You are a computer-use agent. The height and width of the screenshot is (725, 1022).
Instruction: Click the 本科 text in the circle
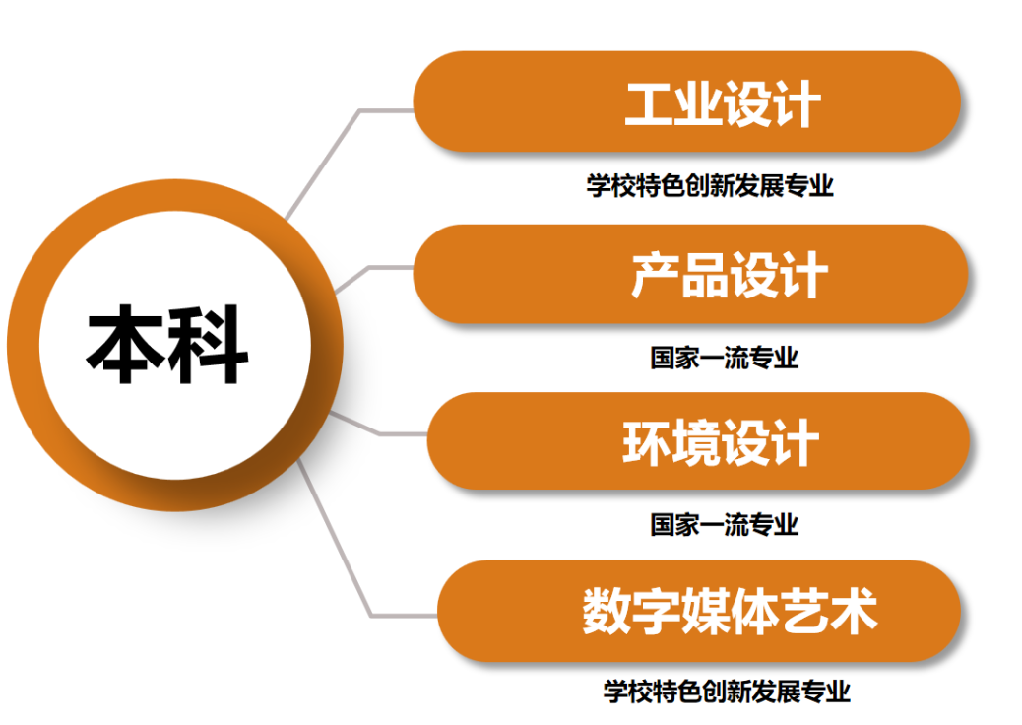(x=166, y=344)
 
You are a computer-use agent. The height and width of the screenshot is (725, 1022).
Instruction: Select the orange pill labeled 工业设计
(x=687, y=101)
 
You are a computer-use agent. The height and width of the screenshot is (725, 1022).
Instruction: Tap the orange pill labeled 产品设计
(x=690, y=274)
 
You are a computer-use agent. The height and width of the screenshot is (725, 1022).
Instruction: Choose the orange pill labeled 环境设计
(x=698, y=440)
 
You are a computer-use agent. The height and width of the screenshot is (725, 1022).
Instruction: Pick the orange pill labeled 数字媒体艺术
(x=699, y=611)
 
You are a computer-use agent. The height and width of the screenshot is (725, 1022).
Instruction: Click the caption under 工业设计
(x=710, y=186)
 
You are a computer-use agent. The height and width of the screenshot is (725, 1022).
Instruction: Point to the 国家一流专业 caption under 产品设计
(x=724, y=358)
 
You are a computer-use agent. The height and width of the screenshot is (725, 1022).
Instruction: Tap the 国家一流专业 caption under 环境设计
(x=724, y=525)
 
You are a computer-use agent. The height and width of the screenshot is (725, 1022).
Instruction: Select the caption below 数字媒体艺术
(x=727, y=692)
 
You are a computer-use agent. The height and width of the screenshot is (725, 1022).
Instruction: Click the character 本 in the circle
(x=125, y=344)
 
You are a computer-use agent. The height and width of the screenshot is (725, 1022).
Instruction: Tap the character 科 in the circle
(x=209, y=344)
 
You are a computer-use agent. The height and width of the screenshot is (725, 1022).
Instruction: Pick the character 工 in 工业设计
(x=649, y=103)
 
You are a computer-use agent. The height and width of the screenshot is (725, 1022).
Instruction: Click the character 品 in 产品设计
(x=705, y=275)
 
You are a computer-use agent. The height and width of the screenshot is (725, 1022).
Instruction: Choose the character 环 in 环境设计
(x=647, y=443)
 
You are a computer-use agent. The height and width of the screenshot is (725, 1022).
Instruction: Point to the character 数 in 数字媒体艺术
(x=607, y=611)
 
